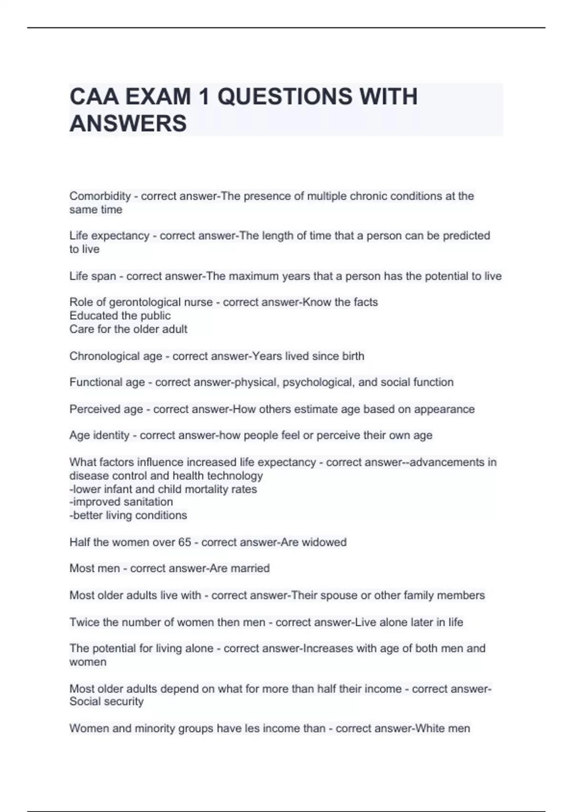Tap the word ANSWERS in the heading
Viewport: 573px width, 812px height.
click(x=128, y=124)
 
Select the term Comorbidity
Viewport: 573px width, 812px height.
click(x=100, y=196)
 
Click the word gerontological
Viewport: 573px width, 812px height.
click(x=146, y=302)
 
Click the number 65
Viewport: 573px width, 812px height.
click(x=184, y=542)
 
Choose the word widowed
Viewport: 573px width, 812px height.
click(x=327, y=542)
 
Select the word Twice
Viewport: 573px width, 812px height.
click(x=84, y=622)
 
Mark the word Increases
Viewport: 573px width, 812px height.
click(x=328, y=649)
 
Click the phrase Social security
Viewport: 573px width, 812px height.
click(x=106, y=702)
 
